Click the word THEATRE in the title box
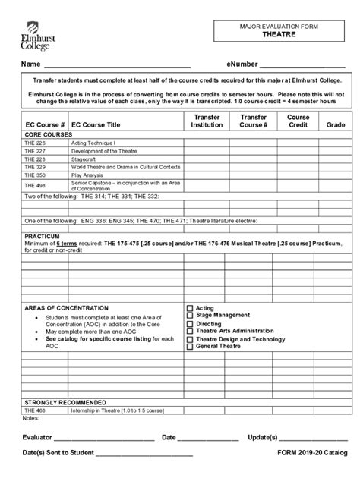[x=279, y=35]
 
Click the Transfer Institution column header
[x=207, y=121]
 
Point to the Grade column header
[x=336, y=124]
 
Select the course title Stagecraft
[x=84, y=159]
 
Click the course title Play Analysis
[x=88, y=175]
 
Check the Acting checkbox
[x=191, y=308]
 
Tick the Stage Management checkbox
[x=191, y=316]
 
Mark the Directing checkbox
[x=191, y=324]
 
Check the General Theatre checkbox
[x=191, y=347]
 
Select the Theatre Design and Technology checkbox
[x=191, y=339]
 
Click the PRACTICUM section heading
[x=42, y=236]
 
